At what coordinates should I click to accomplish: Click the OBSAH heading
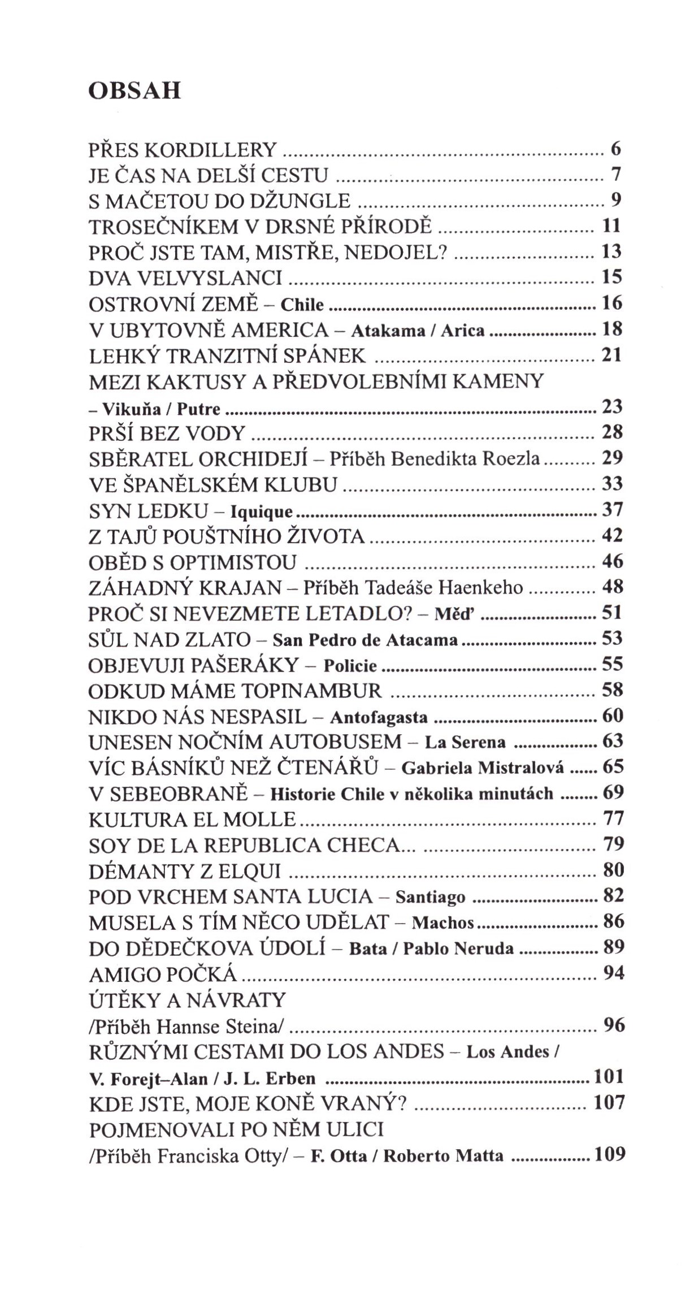coord(134,91)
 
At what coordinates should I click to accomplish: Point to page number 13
coord(611,252)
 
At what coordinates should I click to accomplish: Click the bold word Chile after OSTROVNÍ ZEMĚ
coord(302,305)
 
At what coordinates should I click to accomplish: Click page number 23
coord(612,407)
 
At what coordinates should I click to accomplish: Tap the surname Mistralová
coord(521,768)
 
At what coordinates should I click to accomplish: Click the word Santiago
coord(430,898)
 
